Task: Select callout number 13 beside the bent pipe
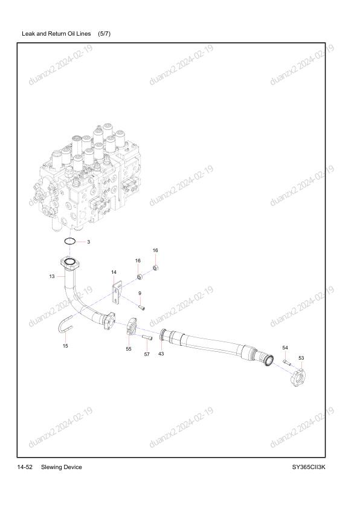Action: [52, 277]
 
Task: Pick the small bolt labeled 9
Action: [141, 307]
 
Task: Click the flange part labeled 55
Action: [132, 327]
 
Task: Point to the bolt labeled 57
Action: [147, 338]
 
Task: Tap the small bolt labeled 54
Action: [286, 362]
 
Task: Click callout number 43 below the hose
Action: [161, 354]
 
